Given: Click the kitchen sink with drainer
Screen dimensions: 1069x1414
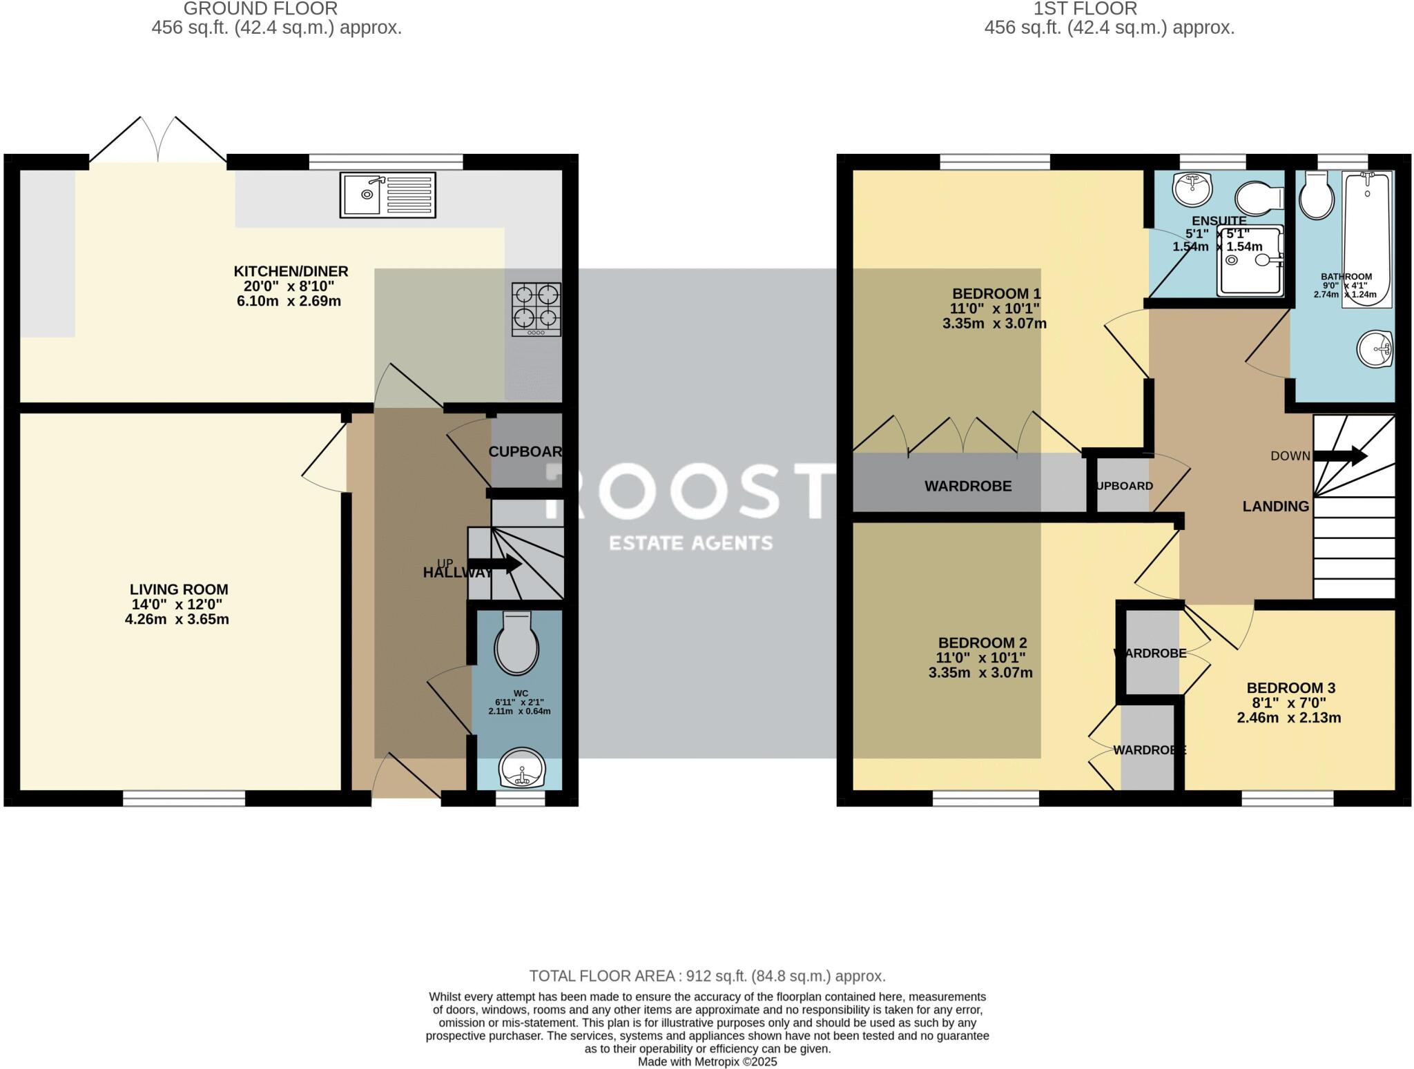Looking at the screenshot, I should [x=387, y=195].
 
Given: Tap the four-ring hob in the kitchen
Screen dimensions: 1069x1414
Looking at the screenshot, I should [x=536, y=309].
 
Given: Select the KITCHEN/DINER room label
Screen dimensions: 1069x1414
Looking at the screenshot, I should [x=291, y=271].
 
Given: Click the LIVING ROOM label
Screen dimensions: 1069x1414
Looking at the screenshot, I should [x=179, y=589].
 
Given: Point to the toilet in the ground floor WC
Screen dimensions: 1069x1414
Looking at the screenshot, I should [x=516, y=643].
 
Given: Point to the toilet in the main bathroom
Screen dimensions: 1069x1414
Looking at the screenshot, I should [x=1317, y=195].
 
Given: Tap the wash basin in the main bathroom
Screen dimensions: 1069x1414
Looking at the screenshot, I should [x=1375, y=349].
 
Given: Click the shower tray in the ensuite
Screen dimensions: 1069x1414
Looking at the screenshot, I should [x=1250, y=260].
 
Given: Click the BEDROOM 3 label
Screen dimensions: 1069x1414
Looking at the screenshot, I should [x=1290, y=688].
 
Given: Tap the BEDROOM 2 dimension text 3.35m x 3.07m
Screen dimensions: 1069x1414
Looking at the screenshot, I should [x=980, y=673].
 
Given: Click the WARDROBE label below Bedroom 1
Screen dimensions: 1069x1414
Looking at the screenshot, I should [x=968, y=486].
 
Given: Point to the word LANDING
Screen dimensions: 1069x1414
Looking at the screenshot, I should [x=1275, y=507].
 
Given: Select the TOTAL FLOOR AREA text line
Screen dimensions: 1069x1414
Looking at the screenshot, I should [x=707, y=976].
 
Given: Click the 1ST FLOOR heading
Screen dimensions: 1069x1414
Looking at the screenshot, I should [x=1109, y=9].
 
